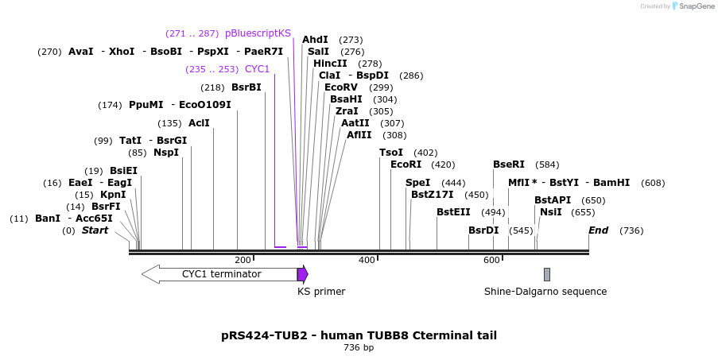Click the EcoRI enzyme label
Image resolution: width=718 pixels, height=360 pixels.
pos(406,165)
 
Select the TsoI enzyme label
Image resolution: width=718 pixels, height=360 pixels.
pos(391,153)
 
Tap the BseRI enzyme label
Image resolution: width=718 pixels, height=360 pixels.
pos(509,165)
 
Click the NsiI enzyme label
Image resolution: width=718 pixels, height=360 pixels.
pos(551,212)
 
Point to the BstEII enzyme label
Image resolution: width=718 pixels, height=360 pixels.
pos(453,212)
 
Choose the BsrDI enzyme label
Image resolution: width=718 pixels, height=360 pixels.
pos(483,230)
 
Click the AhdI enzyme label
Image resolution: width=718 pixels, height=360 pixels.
pos(315,40)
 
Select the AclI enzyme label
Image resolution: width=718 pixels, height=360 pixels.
pos(199,123)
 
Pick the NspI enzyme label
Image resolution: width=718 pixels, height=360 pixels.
pos(166,153)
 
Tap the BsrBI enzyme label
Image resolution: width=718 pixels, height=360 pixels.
pos(246,87)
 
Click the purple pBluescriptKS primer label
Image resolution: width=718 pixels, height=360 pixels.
pos(258,33)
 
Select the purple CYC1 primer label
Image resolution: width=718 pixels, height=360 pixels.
pos(257,69)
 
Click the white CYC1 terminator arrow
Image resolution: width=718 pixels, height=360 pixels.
pos(219,274)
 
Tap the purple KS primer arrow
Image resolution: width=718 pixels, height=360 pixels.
pos(302,274)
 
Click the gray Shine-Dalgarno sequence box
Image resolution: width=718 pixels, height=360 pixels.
pos(547,274)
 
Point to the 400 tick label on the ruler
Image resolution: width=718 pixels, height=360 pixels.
pos(367,261)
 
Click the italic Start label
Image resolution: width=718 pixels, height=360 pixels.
pos(95,230)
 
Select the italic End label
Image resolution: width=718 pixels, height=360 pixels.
pos(598,230)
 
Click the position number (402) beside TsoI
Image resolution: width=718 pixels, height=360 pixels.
pos(426,153)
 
